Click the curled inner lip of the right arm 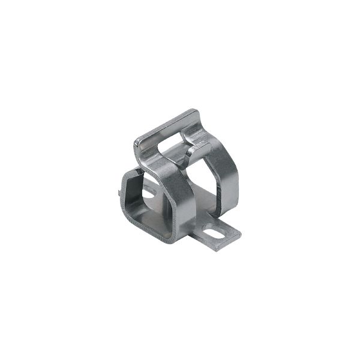coord(191,153)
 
